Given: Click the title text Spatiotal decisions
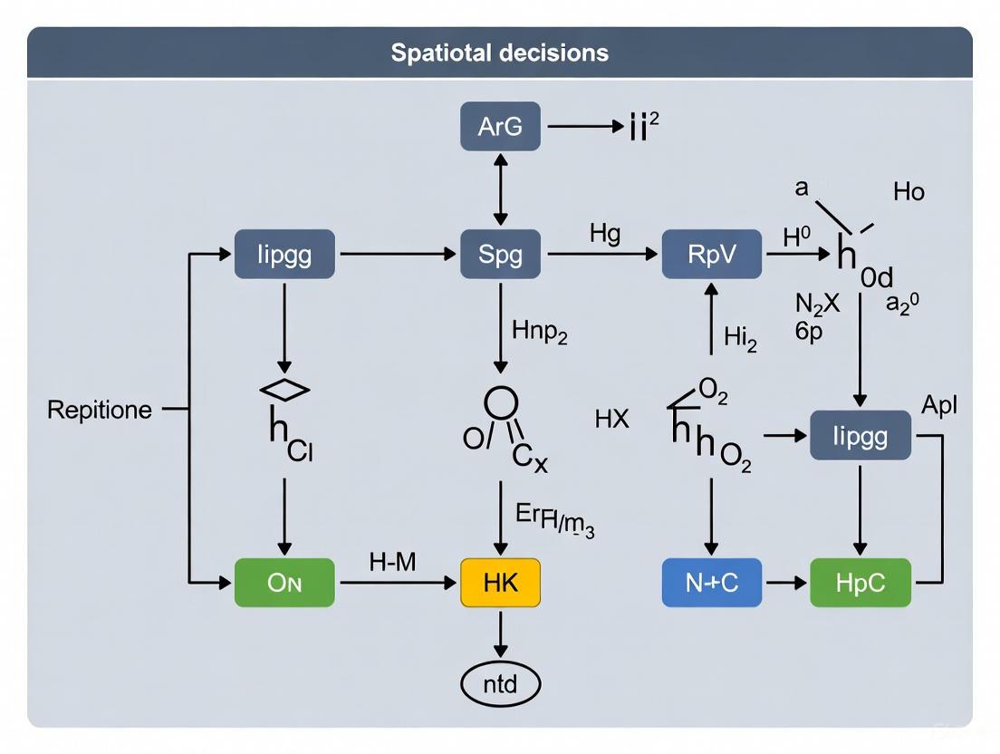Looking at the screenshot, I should pos(499,53).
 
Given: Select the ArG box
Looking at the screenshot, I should pos(500,127).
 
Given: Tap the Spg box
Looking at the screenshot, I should pos(500,255).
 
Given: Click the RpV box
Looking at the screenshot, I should pos(711,255).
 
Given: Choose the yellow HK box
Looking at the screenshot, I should pos(500,583).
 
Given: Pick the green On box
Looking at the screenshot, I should pos(284,583).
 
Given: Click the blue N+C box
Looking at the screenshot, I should pos(711,583).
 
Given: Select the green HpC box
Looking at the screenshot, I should pos(860,583).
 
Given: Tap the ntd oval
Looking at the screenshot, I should pos(500,683).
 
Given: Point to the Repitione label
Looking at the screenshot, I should pos(100,410).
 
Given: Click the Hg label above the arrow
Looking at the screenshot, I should pos(605,234).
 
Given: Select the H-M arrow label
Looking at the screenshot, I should pos(392,562).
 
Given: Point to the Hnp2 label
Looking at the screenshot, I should pos(540,332).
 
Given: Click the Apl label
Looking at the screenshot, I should pos(938,405).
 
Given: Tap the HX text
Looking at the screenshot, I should pos(611,420).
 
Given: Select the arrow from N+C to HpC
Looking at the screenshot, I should pos(785,583).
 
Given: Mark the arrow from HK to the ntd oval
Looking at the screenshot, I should pos(500,634).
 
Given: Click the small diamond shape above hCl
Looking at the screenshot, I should pos(284,390).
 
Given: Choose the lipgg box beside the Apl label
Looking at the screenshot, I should pos(860,436).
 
